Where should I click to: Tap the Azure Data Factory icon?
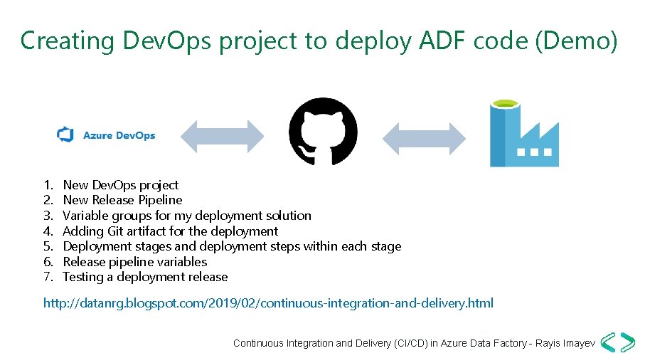click(x=524, y=134)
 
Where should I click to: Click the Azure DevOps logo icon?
click(x=66, y=135)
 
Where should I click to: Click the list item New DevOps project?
click(x=121, y=185)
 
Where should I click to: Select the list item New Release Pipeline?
click(x=122, y=200)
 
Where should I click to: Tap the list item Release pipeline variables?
click(x=135, y=262)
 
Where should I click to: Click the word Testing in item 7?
click(x=82, y=277)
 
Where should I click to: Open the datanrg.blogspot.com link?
click(x=268, y=304)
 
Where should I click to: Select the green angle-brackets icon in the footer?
click(x=617, y=342)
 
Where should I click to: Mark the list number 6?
click(x=48, y=262)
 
